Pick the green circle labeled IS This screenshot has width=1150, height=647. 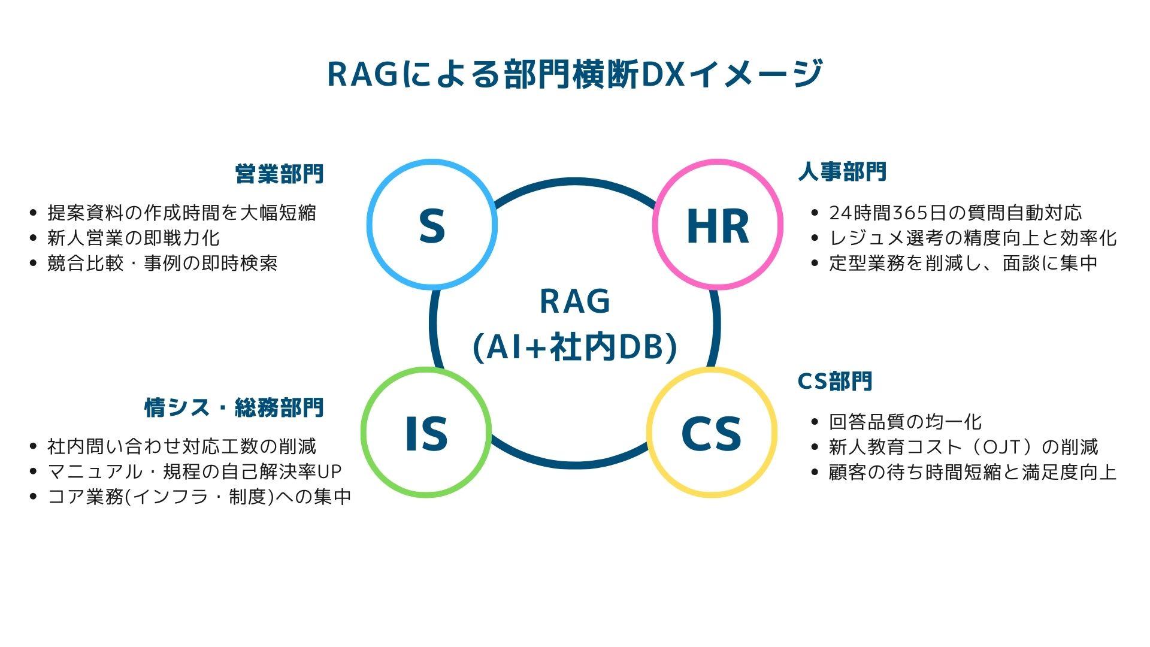click(426, 433)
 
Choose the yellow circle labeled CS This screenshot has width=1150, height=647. click(712, 433)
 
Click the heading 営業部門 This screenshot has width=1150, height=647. click(279, 174)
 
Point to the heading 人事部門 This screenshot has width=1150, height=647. click(842, 172)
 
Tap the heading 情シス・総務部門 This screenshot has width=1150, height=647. click(234, 407)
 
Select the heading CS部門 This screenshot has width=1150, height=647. click(835, 381)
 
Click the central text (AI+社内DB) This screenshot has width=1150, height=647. click(575, 347)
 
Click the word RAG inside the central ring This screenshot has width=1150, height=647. click(575, 301)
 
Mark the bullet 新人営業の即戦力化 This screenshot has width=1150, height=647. click(134, 238)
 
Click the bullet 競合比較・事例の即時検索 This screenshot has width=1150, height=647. click(162, 263)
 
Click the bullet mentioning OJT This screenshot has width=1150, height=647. click(963, 447)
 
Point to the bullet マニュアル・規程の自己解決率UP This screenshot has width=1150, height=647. click(195, 471)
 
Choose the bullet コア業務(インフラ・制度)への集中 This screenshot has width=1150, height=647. click(199, 497)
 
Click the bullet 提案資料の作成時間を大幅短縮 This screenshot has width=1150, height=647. click(181, 213)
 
